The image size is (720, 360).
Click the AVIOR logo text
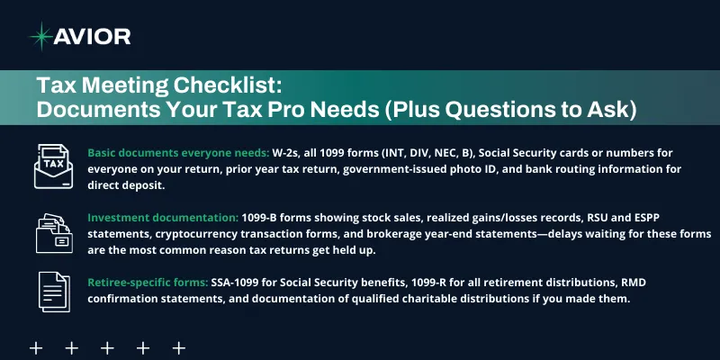[93, 36]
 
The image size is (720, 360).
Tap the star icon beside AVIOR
[40, 36]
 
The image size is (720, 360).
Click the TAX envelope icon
[53, 166]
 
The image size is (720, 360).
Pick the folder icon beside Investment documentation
[53, 232]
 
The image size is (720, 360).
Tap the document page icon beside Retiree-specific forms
[53, 290]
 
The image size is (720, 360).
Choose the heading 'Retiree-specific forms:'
[147, 283]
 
